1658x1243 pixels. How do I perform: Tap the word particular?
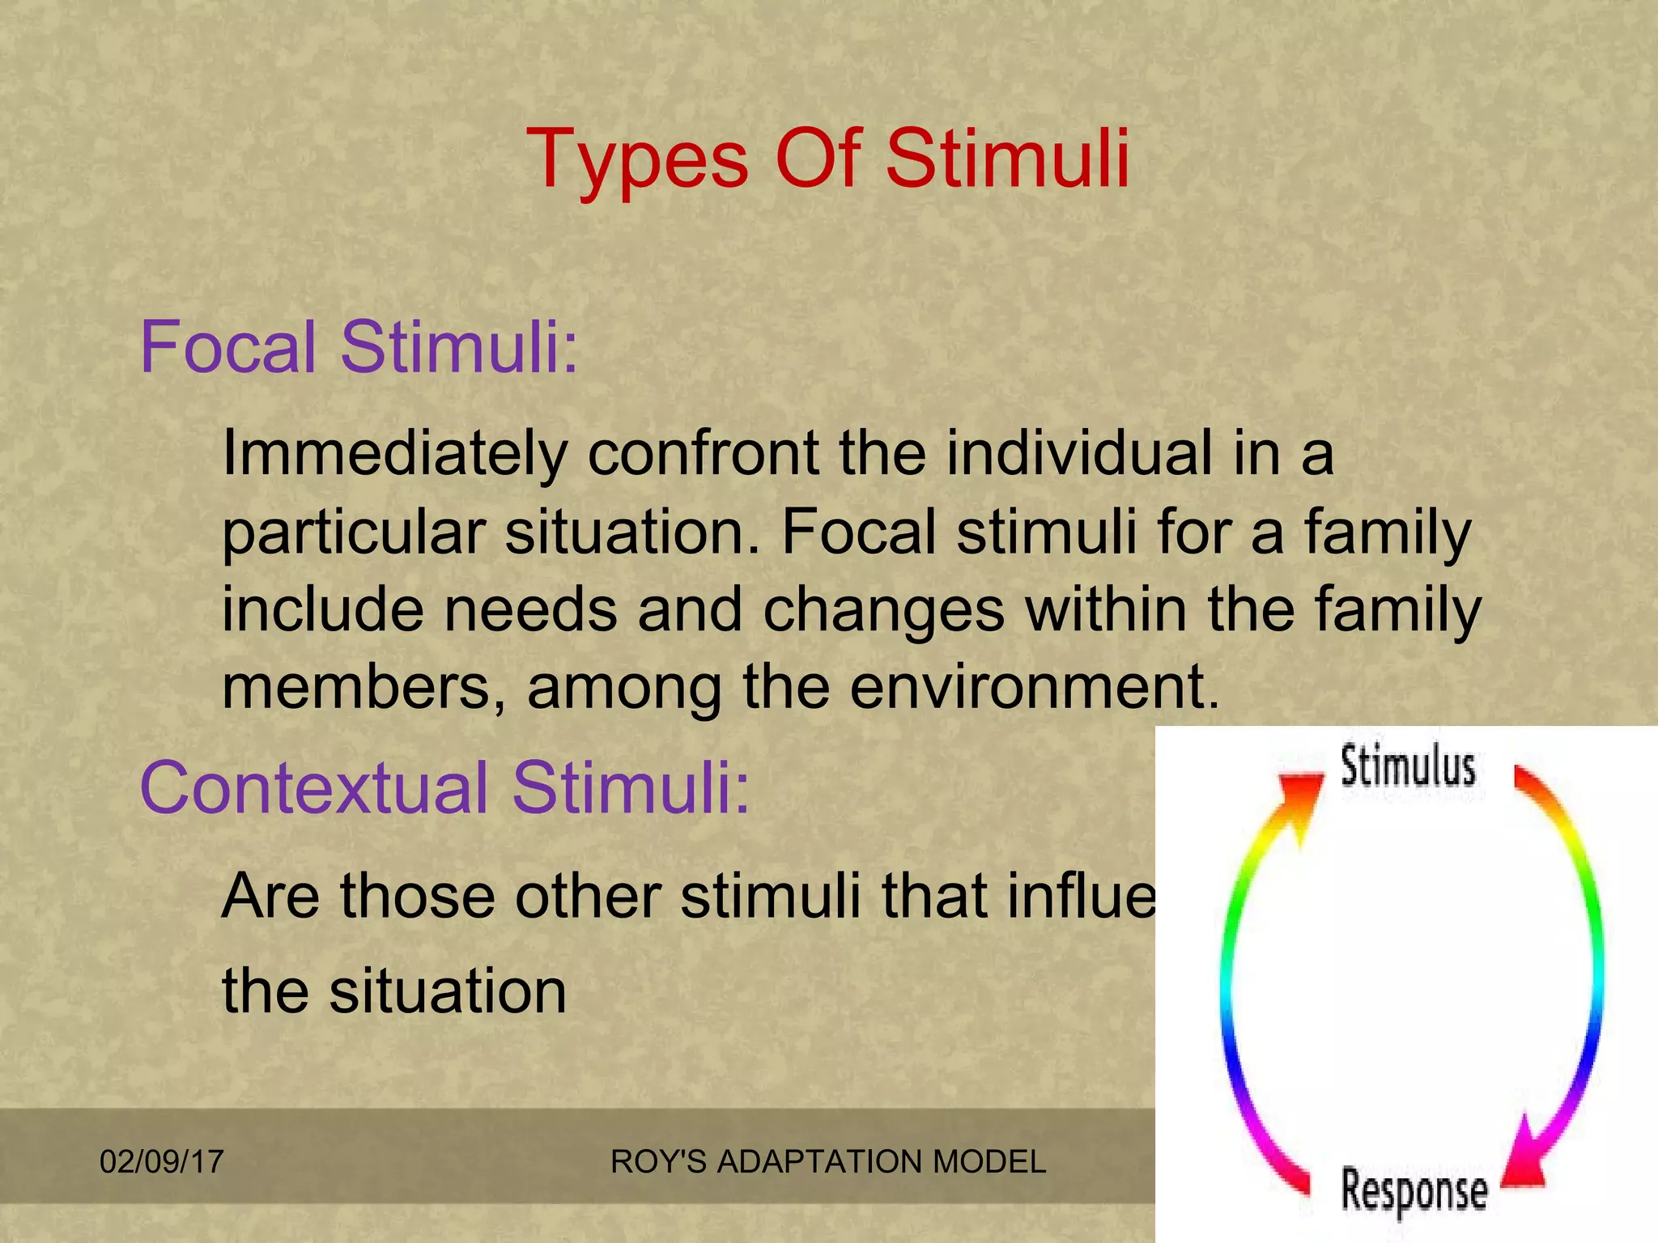tap(353, 534)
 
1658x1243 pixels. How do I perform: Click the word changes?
tap(883, 611)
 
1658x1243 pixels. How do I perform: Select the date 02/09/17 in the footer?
tap(161, 1162)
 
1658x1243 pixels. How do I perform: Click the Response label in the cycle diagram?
tap(1414, 1190)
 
